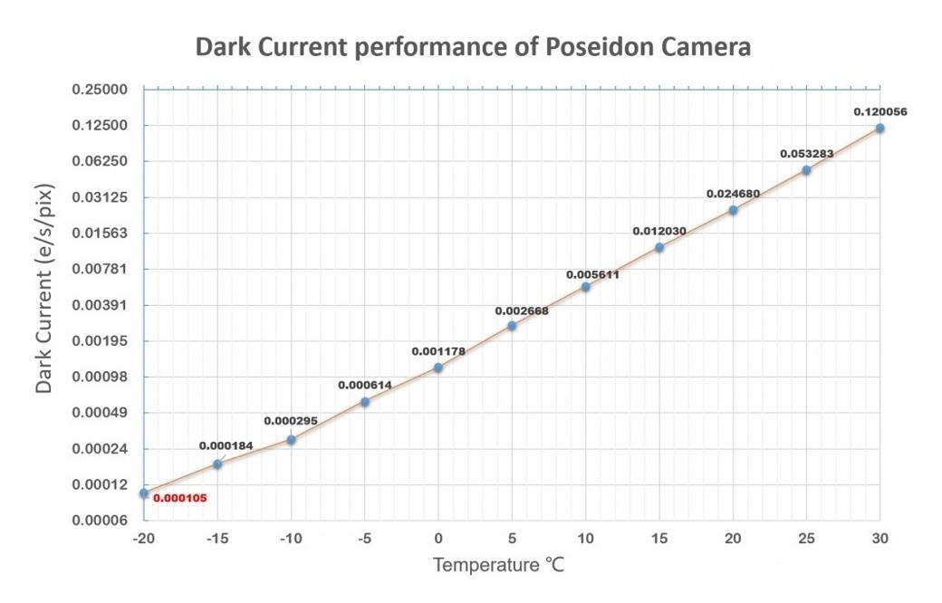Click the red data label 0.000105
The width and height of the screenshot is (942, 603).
click(x=179, y=498)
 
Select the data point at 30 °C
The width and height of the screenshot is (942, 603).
click(x=880, y=128)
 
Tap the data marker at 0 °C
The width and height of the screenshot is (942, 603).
click(x=438, y=368)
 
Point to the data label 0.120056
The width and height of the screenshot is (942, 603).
click(x=880, y=112)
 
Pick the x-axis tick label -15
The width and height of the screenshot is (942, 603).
click(x=216, y=539)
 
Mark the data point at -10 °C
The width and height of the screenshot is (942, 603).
click(x=292, y=440)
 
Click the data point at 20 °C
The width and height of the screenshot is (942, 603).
click(x=733, y=210)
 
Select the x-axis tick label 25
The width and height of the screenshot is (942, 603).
click(x=805, y=539)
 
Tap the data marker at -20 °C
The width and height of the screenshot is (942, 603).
click(x=144, y=493)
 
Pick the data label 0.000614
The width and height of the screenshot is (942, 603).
click(x=365, y=385)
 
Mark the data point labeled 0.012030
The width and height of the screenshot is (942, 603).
click(x=659, y=247)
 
